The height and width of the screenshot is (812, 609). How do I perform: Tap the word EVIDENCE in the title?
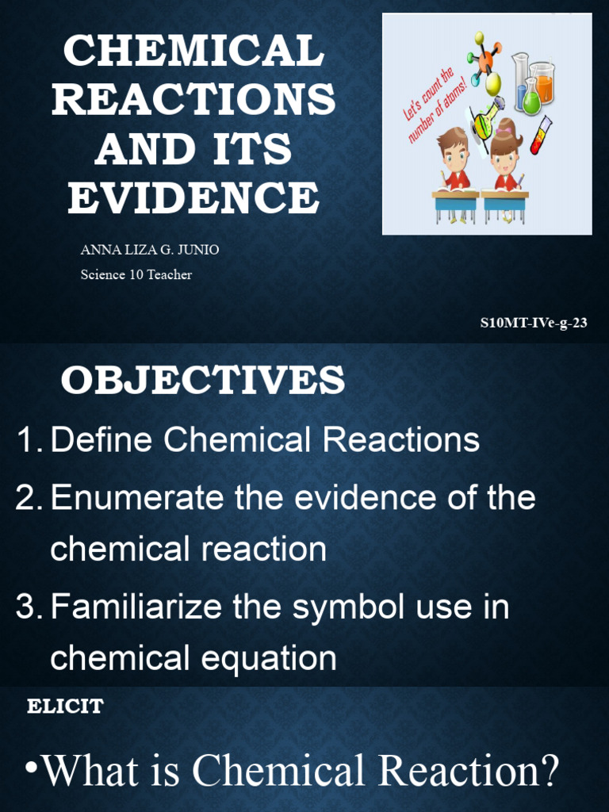(193, 198)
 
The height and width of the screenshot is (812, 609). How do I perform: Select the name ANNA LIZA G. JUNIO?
(150, 250)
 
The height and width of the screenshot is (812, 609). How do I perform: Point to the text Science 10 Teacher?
(136, 275)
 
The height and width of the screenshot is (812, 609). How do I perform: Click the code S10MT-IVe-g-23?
(534, 324)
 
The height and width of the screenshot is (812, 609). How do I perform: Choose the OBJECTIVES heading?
(203, 381)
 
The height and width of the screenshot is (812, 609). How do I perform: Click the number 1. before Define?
(29, 440)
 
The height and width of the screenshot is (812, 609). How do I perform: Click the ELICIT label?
(66, 707)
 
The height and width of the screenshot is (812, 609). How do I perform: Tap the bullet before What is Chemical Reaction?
(31, 769)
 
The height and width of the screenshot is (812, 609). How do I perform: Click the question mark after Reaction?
(547, 770)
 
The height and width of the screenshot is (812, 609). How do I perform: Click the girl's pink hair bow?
(504, 131)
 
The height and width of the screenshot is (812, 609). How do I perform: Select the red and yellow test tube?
(541, 136)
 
